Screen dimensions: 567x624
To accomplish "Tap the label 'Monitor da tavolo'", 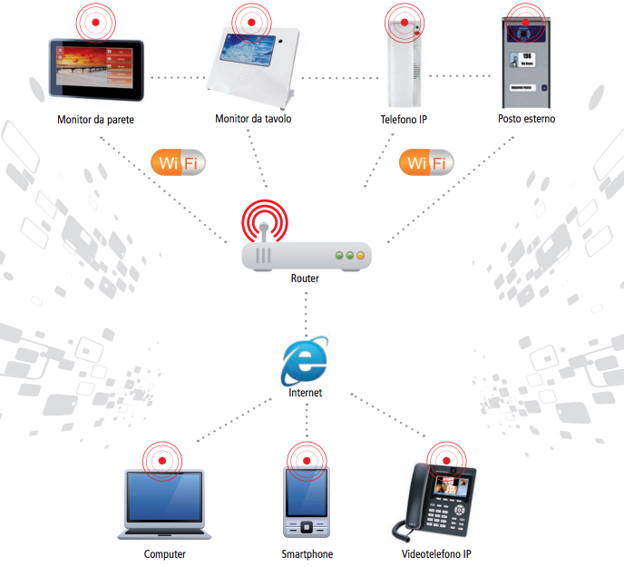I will tap(253, 119).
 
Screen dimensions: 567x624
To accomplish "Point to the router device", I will tap(307, 256).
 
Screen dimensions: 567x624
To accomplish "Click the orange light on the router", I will tap(359, 256).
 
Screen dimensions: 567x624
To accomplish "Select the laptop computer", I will tap(164, 508).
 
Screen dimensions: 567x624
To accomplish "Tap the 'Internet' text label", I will tap(305, 394).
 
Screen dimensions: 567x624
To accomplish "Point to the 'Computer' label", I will tap(165, 554).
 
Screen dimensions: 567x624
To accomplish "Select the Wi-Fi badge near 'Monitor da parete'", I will tap(178, 164).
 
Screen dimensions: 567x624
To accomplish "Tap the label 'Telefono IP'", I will tap(404, 119).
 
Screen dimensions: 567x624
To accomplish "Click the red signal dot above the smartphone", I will tap(307, 461).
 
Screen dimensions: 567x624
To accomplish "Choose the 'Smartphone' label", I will tap(307, 554).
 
